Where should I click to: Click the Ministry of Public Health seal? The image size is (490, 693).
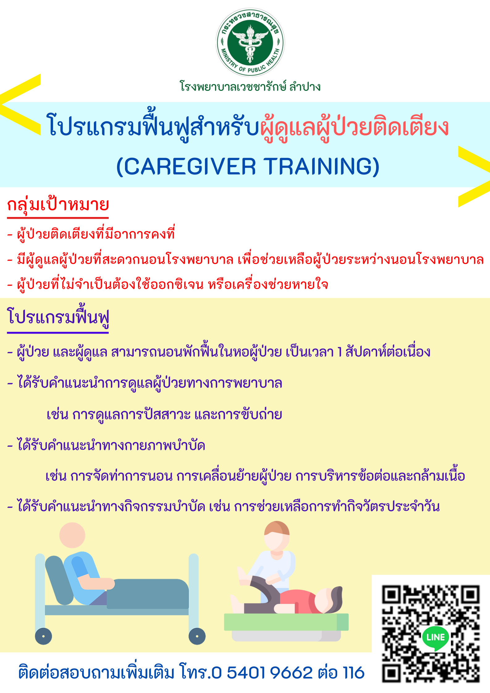tap(250, 43)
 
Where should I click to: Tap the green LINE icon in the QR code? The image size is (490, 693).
tap(435, 638)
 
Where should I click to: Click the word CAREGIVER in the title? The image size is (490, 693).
tap(190, 167)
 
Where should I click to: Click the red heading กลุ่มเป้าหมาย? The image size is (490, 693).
tap(58, 205)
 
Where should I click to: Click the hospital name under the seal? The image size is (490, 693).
tap(250, 86)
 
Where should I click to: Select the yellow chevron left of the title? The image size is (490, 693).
tap(20, 104)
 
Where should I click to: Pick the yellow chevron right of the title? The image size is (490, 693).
tap(474, 177)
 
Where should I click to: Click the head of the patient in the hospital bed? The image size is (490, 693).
tap(72, 535)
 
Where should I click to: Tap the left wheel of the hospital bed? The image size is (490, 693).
tap(43, 636)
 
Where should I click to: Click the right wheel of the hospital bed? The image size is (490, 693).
tap(197, 636)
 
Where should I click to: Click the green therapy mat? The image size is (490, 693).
tap(286, 622)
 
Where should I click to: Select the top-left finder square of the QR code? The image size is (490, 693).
tap(392, 595)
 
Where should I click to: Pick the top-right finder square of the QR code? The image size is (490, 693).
tap(470, 595)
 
